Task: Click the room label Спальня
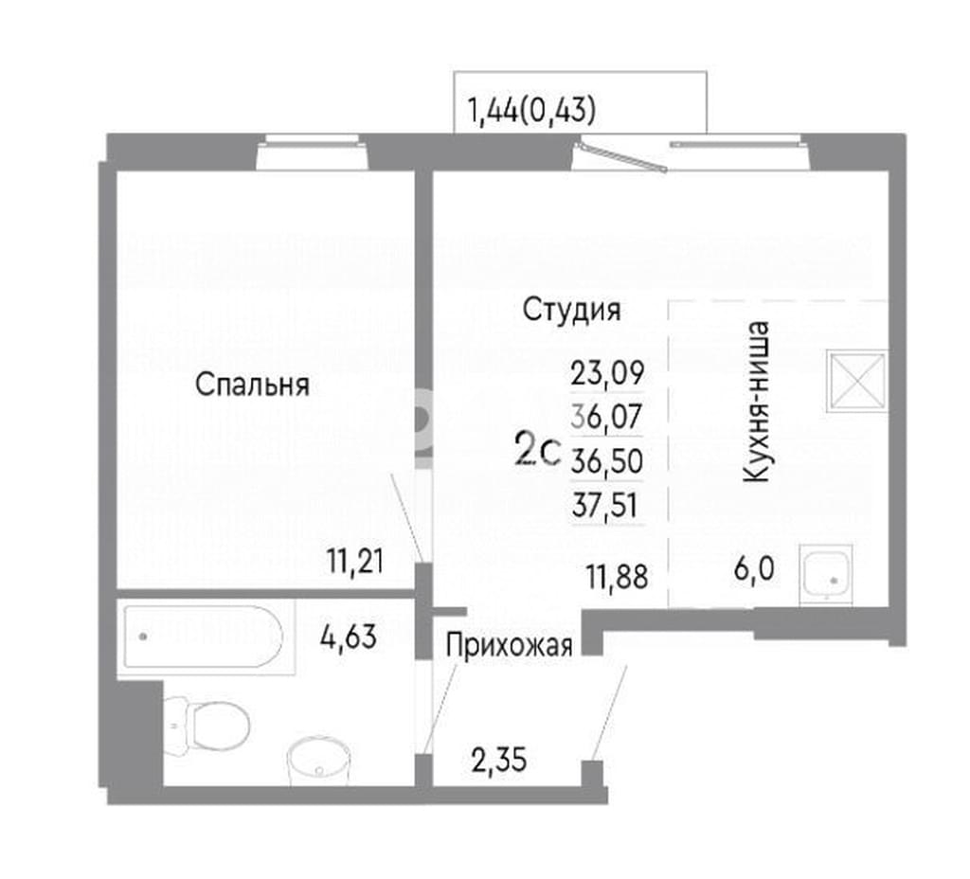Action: pyautogui.click(x=252, y=385)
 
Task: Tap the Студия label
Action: pyautogui.click(x=571, y=310)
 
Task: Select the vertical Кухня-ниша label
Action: pyautogui.click(x=757, y=402)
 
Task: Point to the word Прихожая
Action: pyautogui.click(x=509, y=646)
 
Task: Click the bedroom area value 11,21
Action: pyautogui.click(x=356, y=562)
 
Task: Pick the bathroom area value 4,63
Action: pyautogui.click(x=349, y=637)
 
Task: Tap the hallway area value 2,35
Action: pyautogui.click(x=498, y=760)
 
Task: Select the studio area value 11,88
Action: pyautogui.click(x=618, y=577)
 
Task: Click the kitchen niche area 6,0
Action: pyautogui.click(x=754, y=568)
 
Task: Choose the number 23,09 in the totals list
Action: pyautogui.click(x=607, y=373)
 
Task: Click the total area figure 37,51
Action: pyautogui.click(x=604, y=505)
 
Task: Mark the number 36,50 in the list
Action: pyautogui.click(x=607, y=461)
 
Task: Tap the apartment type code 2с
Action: pyautogui.click(x=538, y=450)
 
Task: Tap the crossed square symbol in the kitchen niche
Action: pyautogui.click(x=857, y=381)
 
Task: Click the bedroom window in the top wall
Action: pyautogui.click(x=313, y=152)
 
